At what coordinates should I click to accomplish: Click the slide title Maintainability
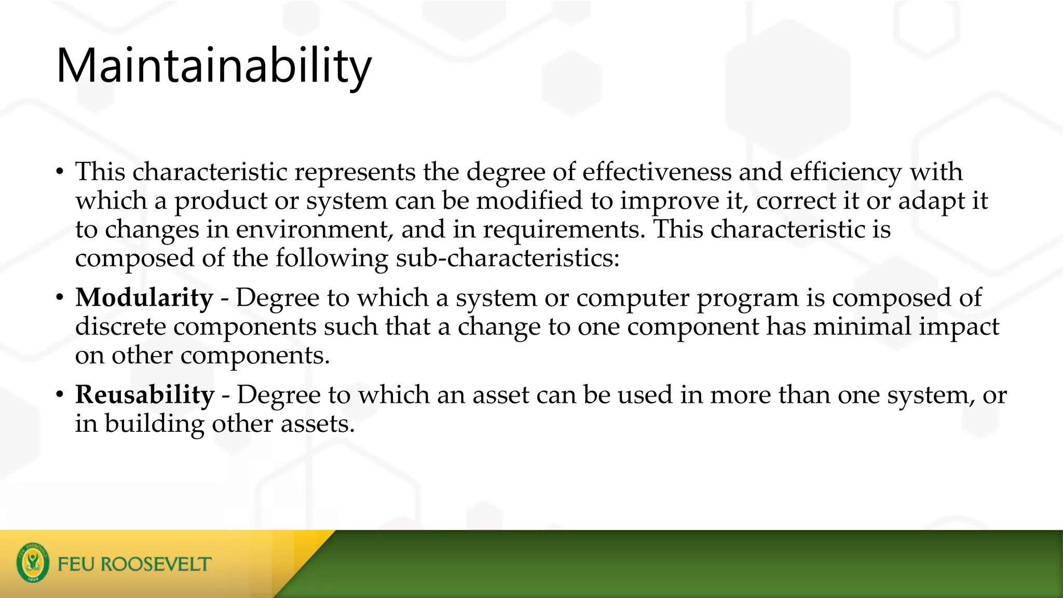tap(213, 66)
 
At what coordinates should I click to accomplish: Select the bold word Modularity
tap(144, 298)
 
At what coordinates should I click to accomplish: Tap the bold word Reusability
tap(144, 395)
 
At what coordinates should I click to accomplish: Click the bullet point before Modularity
tap(60, 298)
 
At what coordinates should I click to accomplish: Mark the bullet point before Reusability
tap(60, 396)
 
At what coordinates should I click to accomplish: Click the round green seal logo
tap(33, 563)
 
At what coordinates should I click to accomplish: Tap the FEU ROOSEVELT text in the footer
tap(134, 564)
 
